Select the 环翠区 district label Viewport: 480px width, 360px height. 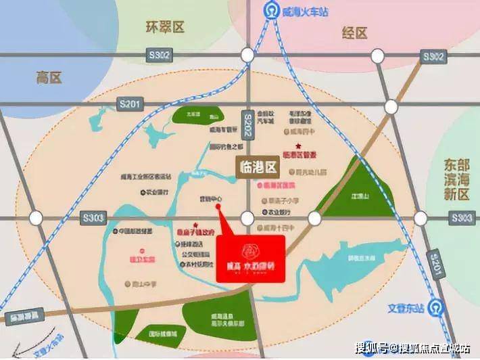pos(165,27)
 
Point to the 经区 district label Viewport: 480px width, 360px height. pos(352,32)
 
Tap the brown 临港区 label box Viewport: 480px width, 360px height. pos(258,165)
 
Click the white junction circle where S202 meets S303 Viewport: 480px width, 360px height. pos(247,218)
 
